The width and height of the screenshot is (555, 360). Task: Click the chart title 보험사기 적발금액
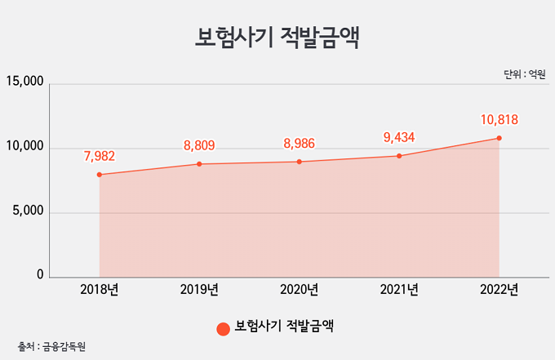point(277,38)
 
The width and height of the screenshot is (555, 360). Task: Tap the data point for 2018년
point(100,175)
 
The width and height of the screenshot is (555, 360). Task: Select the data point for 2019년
point(199,164)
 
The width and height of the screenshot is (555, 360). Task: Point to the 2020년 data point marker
point(300,162)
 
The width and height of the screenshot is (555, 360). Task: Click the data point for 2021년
point(399,156)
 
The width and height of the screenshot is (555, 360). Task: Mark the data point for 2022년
point(499,138)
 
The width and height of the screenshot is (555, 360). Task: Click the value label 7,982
point(100,156)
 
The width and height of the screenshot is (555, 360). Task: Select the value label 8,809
point(199,145)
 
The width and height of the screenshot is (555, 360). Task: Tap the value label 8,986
point(299,144)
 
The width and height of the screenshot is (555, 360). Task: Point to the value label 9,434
point(399,137)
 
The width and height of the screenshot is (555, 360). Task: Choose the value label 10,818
point(499,120)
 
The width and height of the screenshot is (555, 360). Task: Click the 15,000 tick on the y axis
point(24,81)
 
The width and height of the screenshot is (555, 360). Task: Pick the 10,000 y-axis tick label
point(24,146)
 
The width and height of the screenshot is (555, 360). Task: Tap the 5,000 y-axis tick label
point(28,211)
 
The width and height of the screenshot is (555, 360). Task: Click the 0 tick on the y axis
point(40,274)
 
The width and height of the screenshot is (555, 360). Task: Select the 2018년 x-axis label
point(100,290)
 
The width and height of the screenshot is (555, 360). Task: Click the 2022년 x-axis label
point(499,290)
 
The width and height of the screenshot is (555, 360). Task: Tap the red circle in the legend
point(224,329)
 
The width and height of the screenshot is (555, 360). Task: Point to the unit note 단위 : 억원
point(525,74)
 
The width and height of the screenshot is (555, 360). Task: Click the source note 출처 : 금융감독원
point(51,347)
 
